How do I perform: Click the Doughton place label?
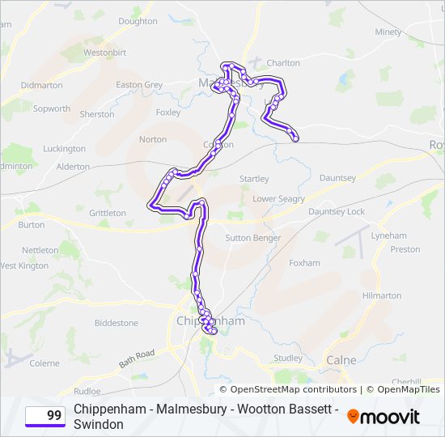pyautogui.click(x=138, y=21)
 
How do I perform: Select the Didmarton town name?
pyautogui.click(x=41, y=84)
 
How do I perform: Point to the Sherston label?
pyautogui.click(x=97, y=114)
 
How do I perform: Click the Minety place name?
pyautogui.click(x=388, y=32)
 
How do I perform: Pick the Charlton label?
pyautogui.click(x=283, y=62)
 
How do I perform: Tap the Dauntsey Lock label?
pyautogui.click(x=337, y=211)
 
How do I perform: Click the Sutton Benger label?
pyautogui.click(x=253, y=238)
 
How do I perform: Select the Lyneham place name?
pyautogui.click(x=388, y=235)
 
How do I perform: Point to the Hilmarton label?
pyautogui.click(x=382, y=295)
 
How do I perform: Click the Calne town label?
pyautogui.click(x=341, y=359)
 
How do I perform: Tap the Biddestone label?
pyautogui.click(x=117, y=322)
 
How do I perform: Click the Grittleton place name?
pyautogui.click(x=108, y=213)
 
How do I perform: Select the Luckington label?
pyautogui.click(x=64, y=148)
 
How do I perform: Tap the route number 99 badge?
pyautogui.click(x=45, y=416)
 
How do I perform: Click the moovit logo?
pyautogui.click(x=384, y=417)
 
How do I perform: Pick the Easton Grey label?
pyautogui.click(x=139, y=84)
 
